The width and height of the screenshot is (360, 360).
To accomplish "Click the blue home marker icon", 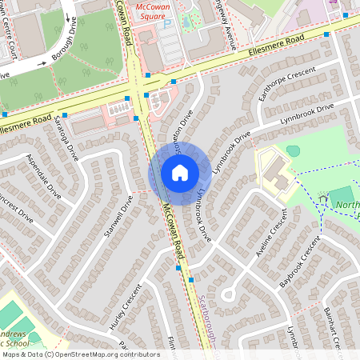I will coord(179,172).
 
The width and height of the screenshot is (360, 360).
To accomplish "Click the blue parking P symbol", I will coord(167,25).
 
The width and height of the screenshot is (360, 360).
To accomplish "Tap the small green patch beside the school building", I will coord(293,150).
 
